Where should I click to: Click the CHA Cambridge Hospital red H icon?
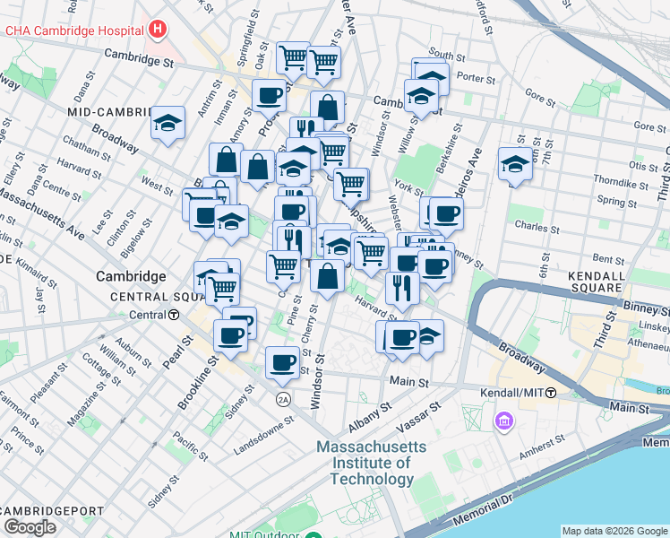click(x=159, y=30)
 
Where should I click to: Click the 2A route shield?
click(x=284, y=399)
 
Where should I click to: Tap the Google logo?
click(x=30, y=527)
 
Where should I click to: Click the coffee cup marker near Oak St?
click(x=268, y=94)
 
